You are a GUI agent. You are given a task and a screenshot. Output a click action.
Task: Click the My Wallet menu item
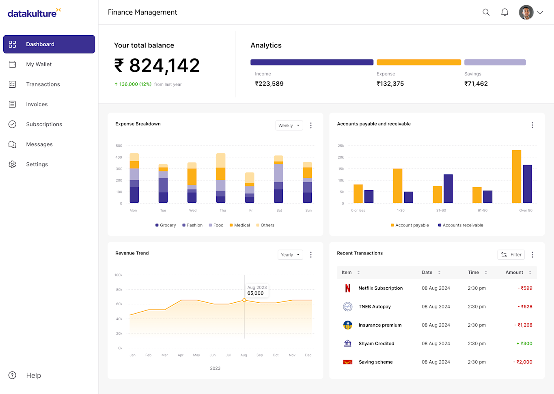click(x=39, y=64)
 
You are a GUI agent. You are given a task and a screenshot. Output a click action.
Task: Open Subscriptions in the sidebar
click(x=44, y=124)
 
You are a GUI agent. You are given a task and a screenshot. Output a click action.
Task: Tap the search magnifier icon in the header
click(x=486, y=12)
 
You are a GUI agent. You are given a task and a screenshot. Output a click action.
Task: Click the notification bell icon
click(x=504, y=12)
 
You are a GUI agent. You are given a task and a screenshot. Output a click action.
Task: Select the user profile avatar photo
click(x=526, y=12)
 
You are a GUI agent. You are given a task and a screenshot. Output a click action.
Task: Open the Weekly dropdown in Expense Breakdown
click(x=289, y=125)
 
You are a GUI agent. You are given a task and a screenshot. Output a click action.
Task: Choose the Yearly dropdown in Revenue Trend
click(x=290, y=255)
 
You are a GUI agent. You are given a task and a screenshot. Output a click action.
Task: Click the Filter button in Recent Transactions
click(x=511, y=254)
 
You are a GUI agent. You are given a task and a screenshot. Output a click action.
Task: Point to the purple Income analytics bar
click(x=312, y=62)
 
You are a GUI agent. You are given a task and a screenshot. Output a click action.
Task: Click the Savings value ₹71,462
click(x=476, y=84)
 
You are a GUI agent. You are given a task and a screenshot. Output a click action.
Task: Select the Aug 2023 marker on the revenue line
click(x=244, y=300)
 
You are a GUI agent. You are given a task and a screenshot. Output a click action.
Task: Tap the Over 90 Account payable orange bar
click(x=516, y=177)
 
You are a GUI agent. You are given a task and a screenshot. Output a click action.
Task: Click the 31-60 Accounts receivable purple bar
click(x=448, y=189)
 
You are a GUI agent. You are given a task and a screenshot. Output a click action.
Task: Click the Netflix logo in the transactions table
click(x=347, y=288)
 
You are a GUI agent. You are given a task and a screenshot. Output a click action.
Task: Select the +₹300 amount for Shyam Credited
click(x=524, y=343)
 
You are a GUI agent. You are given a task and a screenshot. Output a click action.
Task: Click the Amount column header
click(x=514, y=272)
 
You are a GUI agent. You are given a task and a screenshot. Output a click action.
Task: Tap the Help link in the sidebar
click(x=33, y=375)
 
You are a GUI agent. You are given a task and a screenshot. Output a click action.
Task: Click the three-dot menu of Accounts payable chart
click(x=532, y=125)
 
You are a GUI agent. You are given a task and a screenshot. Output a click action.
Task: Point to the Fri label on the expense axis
click(x=251, y=210)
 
